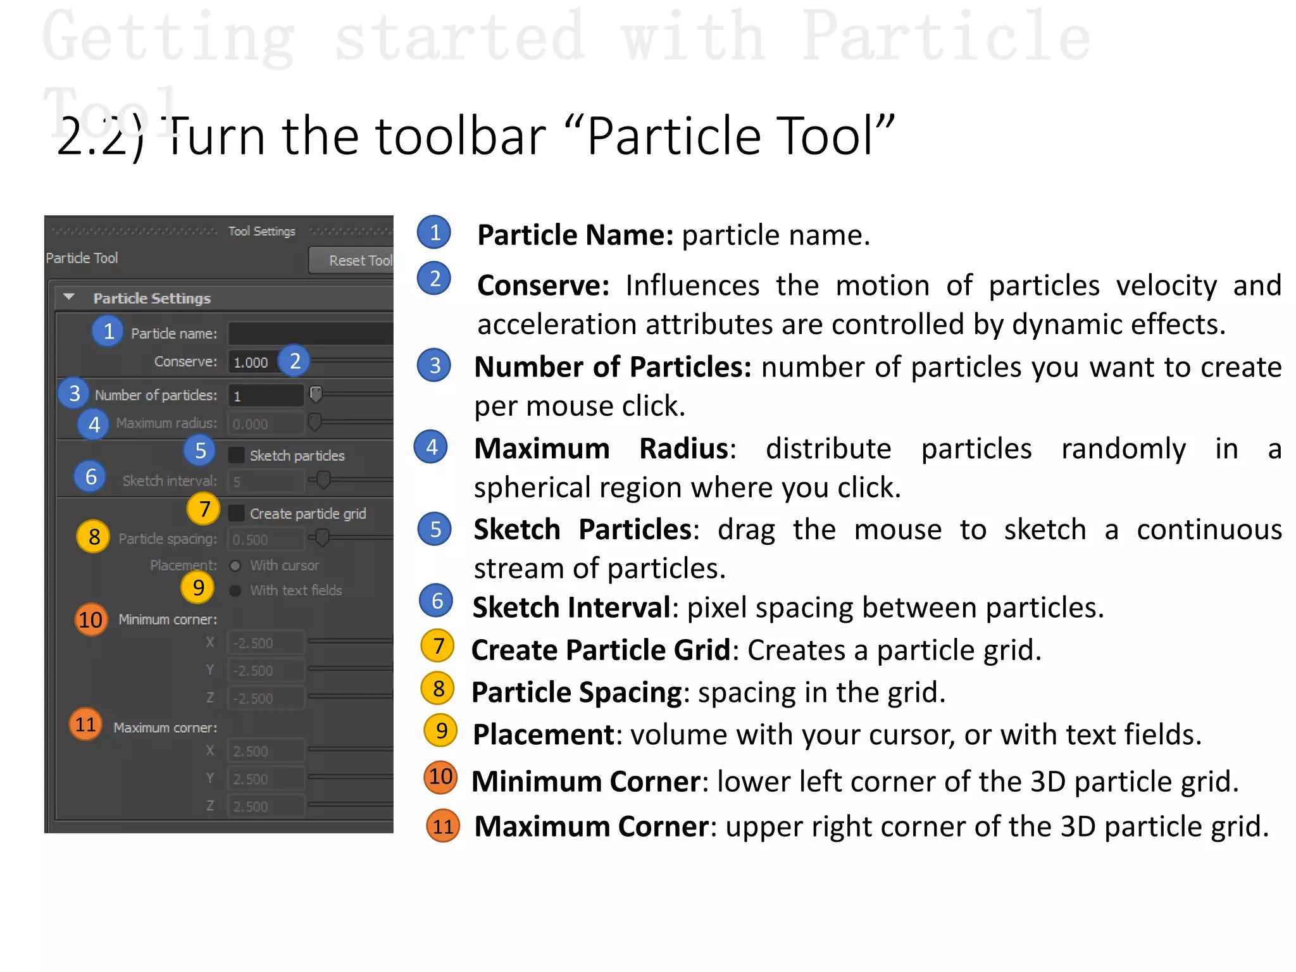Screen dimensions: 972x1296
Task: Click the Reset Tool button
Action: tap(352, 260)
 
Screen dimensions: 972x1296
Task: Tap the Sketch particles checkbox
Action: tap(236, 455)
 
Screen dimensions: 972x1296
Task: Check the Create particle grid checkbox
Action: tap(236, 513)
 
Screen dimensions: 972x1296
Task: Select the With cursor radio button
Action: tap(235, 566)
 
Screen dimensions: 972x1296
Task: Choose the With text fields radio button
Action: tap(235, 590)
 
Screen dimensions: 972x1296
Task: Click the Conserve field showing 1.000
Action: tap(252, 362)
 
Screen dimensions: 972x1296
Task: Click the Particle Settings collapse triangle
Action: tap(70, 297)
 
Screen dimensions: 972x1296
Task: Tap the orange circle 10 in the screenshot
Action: tap(90, 620)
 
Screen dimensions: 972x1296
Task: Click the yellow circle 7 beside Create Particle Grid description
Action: tap(438, 646)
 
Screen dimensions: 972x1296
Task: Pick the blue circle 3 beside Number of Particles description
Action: tap(434, 365)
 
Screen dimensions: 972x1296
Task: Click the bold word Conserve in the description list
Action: tap(542, 285)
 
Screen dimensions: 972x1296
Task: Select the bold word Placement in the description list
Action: tap(543, 735)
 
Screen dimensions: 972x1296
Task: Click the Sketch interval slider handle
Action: tap(323, 480)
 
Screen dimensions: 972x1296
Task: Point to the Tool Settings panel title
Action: tap(262, 231)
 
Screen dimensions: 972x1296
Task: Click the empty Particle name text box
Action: tap(310, 333)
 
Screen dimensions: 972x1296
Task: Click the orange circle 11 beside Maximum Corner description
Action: tap(442, 826)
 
